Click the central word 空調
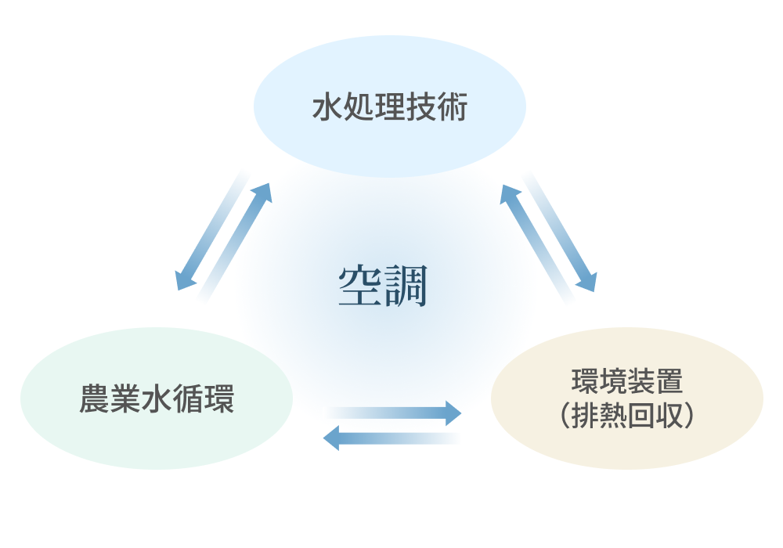pos(383,287)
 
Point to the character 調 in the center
pos(406,287)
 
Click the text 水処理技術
pos(389,108)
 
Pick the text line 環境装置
pos(627,383)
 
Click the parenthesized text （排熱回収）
pos(627,416)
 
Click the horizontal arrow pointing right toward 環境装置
pos(395,413)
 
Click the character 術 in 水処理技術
pos(451,108)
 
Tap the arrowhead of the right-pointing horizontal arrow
pos(454,413)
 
